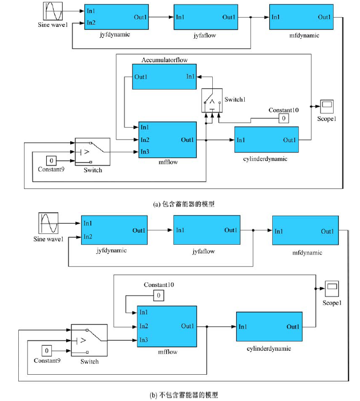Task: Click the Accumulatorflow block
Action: pos(164,76)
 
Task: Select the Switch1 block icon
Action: pos(212,100)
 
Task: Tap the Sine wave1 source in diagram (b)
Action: pos(48,224)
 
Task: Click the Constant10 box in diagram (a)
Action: pos(283,118)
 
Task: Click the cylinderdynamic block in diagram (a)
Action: pos(266,140)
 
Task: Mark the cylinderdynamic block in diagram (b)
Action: pos(269,327)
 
